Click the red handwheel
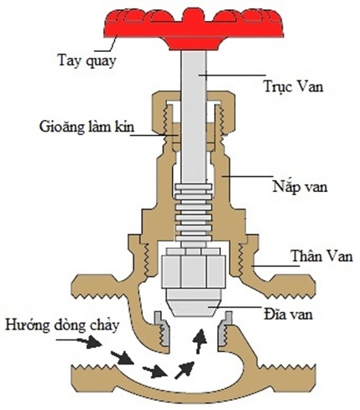pyautogui.click(x=193, y=28)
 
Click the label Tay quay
pyautogui.click(x=86, y=61)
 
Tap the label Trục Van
pyautogui.click(x=294, y=86)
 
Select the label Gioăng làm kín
pyautogui.click(x=86, y=127)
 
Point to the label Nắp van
pyautogui.click(x=300, y=186)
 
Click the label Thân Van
pyautogui.click(x=321, y=256)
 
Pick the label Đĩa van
pyautogui.click(x=288, y=314)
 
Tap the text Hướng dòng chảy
pyautogui.click(x=62, y=325)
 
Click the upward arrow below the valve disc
pyautogui.click(x=200, y=341)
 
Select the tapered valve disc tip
pyautogui.click(x=194, y=303)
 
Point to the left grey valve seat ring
pyautogui.click(x=162, y=329)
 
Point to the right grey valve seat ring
pyautogui.click(x=226, y=329)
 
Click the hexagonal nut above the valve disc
pyautogui.click(x=194, y=267)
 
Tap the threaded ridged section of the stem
pyautogui.click(x=194, y=215)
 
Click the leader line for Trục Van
pyautogui.click(x=232, y=75)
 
